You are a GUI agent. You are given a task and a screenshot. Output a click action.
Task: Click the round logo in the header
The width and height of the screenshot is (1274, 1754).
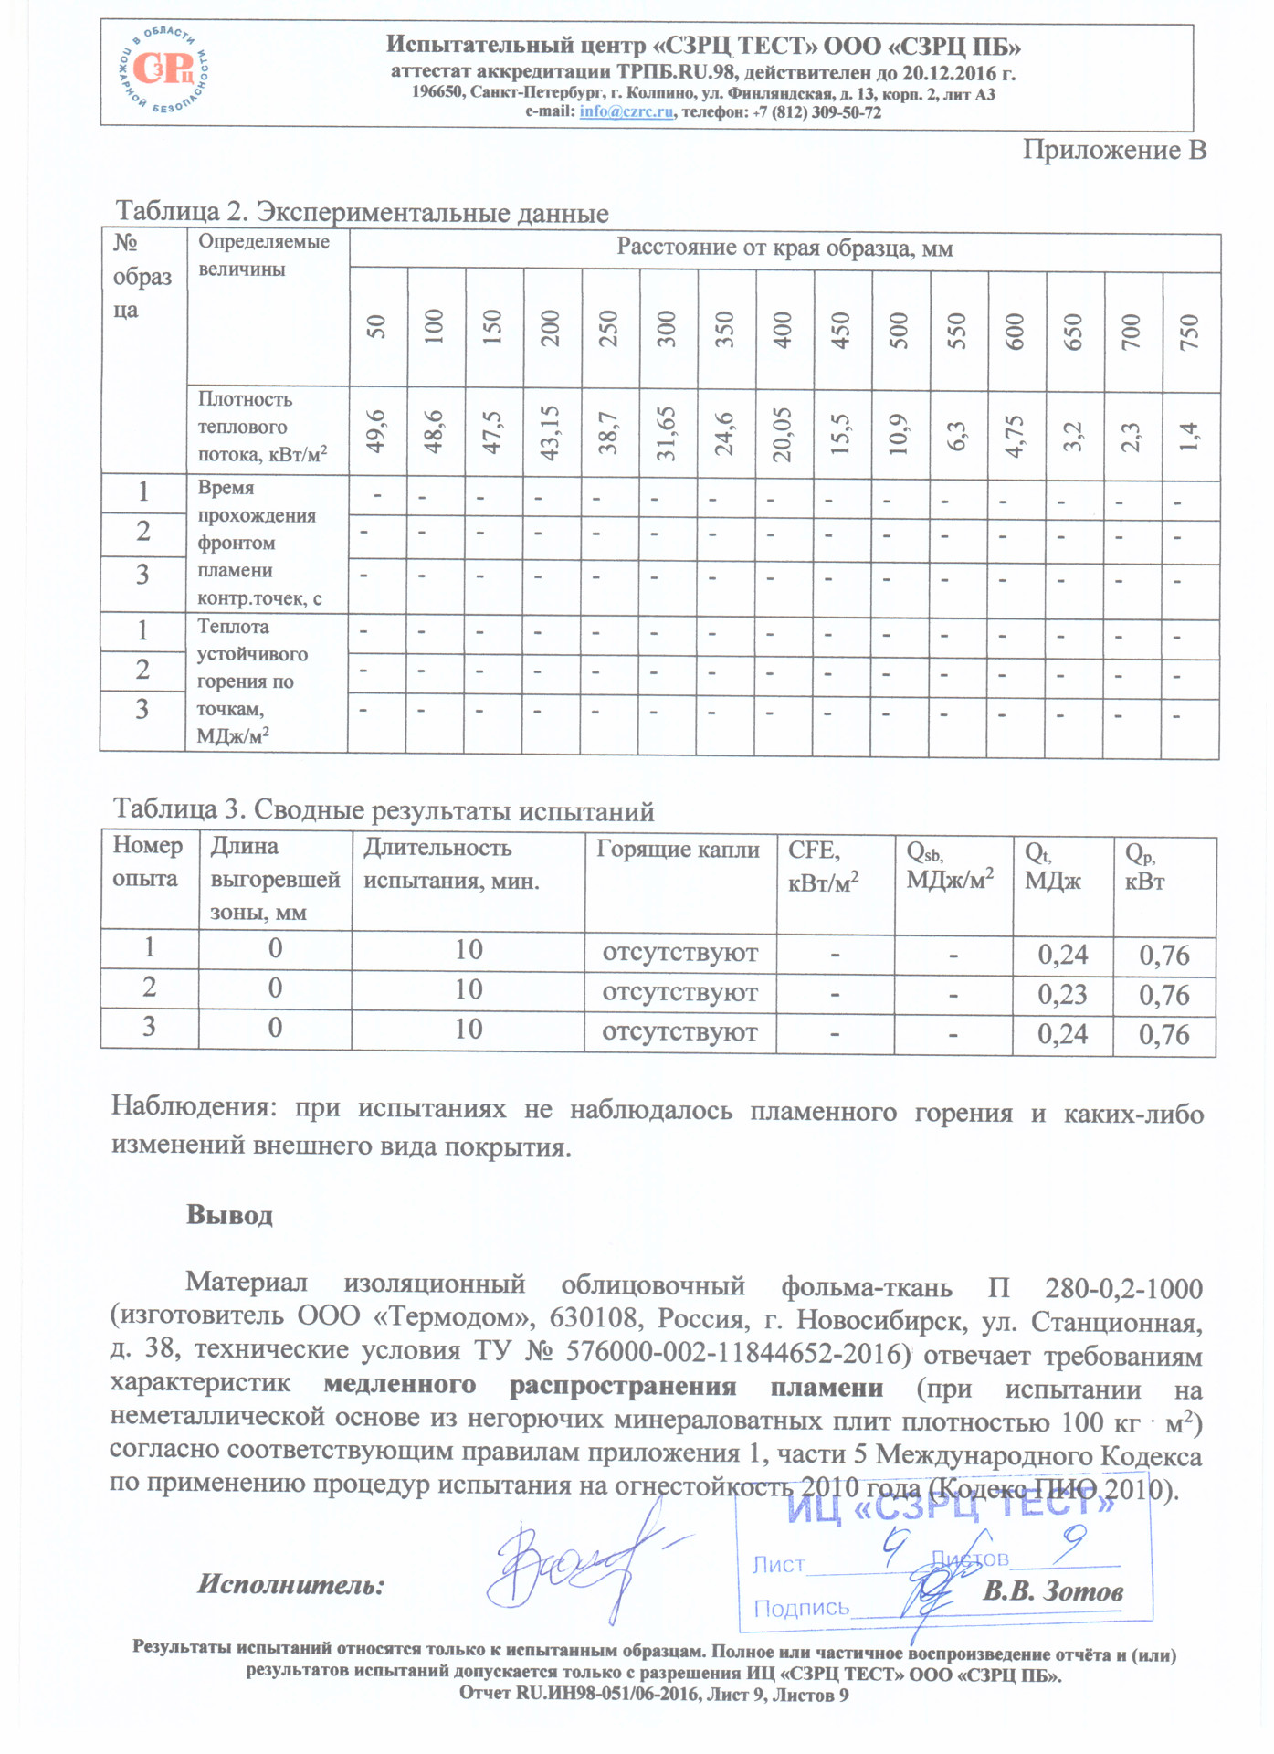point(164,70)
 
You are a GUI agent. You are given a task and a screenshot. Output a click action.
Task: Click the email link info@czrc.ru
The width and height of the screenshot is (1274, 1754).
point(626,112)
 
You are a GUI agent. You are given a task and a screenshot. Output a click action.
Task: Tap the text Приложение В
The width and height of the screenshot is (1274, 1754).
point(1113,151)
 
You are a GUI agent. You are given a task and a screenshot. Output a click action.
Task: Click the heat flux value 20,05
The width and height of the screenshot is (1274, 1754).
point(784,434)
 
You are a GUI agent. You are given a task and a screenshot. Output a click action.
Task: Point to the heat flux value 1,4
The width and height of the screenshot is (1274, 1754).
point(1190,436)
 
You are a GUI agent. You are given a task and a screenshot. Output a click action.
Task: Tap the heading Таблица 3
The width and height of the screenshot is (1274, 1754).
point(383,810)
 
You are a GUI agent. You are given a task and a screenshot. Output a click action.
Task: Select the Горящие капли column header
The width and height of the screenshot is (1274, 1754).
point(678,850)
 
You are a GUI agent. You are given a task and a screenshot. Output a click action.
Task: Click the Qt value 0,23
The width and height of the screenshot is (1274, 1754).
point(1062,994)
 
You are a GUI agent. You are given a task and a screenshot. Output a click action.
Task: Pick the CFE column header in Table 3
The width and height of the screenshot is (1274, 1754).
point(814,851)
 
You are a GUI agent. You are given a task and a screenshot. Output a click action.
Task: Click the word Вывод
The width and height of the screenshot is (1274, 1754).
point(229,1215)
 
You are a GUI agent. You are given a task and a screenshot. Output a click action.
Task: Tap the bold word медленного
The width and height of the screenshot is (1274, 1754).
point(399,1386)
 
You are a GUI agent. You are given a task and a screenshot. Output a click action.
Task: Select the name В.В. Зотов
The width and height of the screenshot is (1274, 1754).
point(1052,1591)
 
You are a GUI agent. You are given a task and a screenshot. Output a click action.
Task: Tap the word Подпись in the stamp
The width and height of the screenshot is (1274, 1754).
point(801,1608)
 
